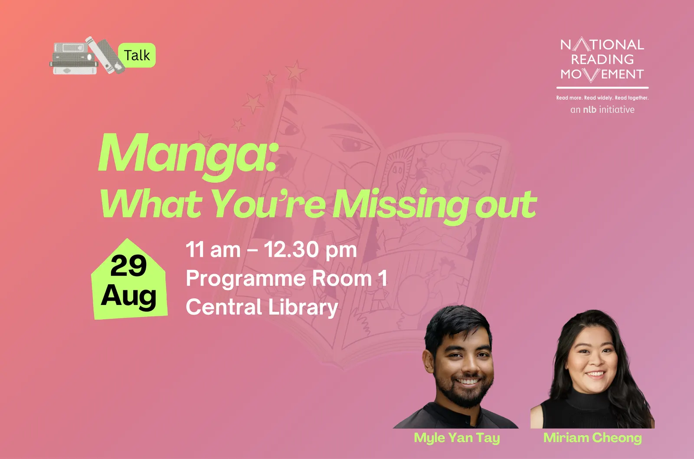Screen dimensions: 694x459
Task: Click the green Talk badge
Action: [x=137, y=55]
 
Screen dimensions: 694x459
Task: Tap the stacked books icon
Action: [x=87, y=56]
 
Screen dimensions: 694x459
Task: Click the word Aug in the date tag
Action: [x=128, y=296]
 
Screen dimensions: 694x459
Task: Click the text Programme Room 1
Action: [x=287, y=279]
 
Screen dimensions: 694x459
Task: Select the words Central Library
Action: [x=262, y=307]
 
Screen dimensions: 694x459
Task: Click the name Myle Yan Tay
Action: [x=457, y=438]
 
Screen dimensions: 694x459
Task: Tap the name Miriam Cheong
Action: [x=593, y=438]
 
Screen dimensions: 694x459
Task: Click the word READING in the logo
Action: [x=602, y=59]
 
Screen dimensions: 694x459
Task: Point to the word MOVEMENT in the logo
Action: [x=602, y=74]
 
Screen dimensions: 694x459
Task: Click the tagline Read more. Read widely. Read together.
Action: [x=602, y=98]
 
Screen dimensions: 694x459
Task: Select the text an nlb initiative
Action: [x=602, y=109]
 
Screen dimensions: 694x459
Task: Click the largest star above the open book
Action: [x=295, y=70]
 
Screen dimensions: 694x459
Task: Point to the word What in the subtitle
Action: [x=151, y=204]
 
